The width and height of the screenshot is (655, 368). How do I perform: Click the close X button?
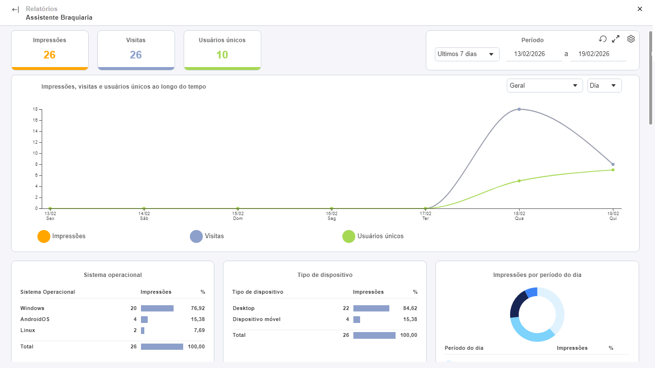pyautogui.click(x=640, y=9)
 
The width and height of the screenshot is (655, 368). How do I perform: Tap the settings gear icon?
pyautogui.click(x=631, y=39)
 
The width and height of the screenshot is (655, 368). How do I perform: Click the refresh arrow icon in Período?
pyautogui.click(x=603, y=39)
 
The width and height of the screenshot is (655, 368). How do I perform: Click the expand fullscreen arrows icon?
pyautogui.click(x=616, y=39)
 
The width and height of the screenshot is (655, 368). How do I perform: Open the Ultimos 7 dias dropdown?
pyautogui.click(x=467, y=54)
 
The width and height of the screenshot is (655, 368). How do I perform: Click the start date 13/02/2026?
pyautogui.click(x=529, y=54)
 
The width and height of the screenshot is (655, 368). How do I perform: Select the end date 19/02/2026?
pyautogui.click(x=594, y=54)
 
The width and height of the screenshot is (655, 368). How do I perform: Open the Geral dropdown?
pyautogui.click(x=544, y=86)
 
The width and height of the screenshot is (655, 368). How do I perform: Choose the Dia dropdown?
pyautogui.click(x=605, y=86)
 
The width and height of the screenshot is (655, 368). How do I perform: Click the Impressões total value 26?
pyautogui.click(x=49, y=55)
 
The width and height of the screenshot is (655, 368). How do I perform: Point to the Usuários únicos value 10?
pyautogui.click(x=222, y=55)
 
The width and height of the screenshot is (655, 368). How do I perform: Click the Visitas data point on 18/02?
pyautogui.click(x=519, y=109)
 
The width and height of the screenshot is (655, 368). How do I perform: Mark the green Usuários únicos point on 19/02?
pyautogui.click(x=613, y=170)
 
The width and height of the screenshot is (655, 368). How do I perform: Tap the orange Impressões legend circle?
pyautogui.click(x=44, y=236)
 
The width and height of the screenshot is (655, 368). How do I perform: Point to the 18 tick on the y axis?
pyautogui.click(x=35, y=109)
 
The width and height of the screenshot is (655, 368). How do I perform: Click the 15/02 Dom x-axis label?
pyautogui.click(x=238, y=216)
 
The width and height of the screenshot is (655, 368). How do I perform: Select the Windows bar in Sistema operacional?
pyautogui.click(x=157, y=309)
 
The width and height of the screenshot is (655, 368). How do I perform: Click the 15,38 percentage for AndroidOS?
pyautogui.click(x=198, y=319)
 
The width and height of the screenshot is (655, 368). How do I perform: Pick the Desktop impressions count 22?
pyautogui.click(x=346, y=308)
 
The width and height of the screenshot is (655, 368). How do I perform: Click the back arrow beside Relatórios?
pyautogui.click(x=15, y=10)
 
